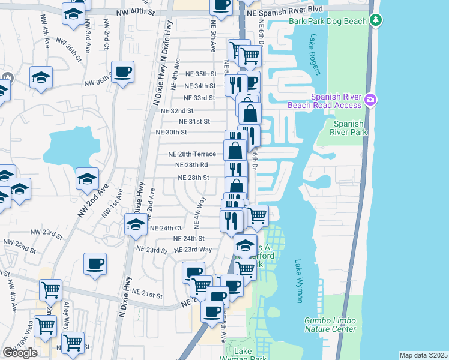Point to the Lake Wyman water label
298,281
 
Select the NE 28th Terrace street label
191,154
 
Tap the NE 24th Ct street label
165,228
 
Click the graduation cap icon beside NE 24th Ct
136,225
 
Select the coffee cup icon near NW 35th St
122,73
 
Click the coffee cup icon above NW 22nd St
96,263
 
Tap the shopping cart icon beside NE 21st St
51,290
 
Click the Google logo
20,353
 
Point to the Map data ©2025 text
423,355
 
